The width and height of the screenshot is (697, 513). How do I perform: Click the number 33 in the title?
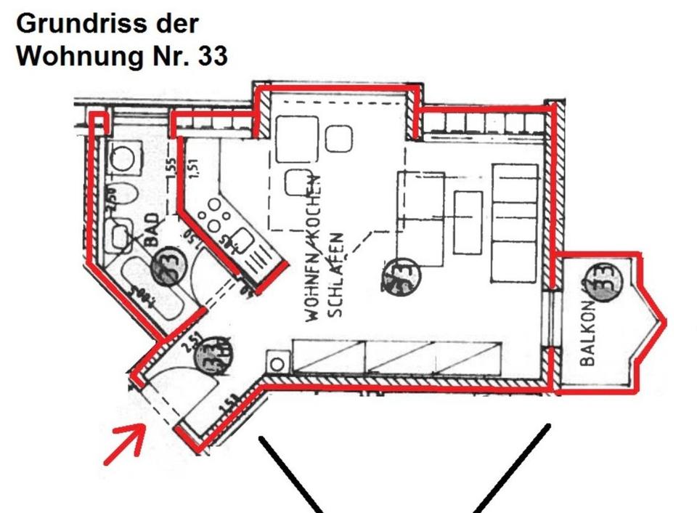(211, 55)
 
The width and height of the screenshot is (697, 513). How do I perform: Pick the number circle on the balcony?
(605, 280)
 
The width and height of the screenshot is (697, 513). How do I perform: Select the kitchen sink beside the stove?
(241, 241)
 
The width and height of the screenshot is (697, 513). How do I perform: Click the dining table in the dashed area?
(296, 138)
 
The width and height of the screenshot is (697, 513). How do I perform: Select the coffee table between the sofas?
(468, 222)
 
